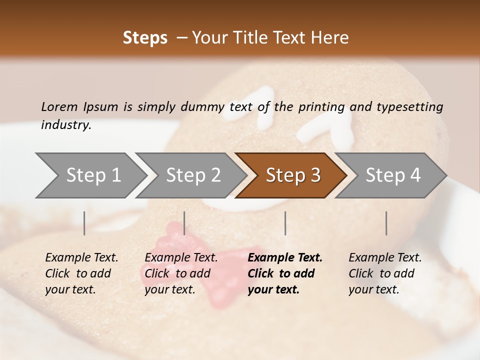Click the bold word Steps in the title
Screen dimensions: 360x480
click(145, 38)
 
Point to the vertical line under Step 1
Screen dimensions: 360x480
click(84, 223)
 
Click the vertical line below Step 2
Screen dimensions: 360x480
click(184, 223)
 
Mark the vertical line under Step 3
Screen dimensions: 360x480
click(285, 223)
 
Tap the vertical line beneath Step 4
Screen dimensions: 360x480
click(386, 223)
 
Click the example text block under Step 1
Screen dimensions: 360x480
click(81, 273)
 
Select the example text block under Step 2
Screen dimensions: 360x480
click(181, 273)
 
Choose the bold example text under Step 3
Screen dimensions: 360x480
click(285, 273)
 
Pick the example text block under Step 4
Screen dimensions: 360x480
click(385, 273)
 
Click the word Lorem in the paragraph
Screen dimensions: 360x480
click(59, 107)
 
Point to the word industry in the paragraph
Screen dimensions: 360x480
click(65, 125)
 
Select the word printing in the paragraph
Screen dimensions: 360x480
click(320, 107)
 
